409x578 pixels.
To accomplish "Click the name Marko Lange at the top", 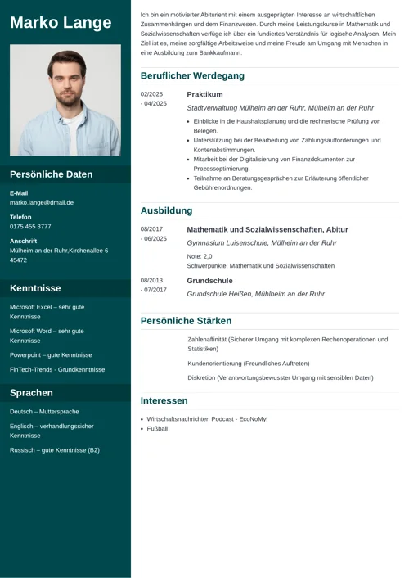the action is tap(61, 22).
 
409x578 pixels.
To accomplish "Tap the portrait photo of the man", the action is tap(65, 100).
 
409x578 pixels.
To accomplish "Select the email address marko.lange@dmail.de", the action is tap(42, 202).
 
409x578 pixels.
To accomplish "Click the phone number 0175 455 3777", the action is tap(30, 226).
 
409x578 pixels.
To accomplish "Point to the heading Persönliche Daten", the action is tap(52, 174).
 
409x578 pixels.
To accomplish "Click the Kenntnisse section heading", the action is tap(35, 288).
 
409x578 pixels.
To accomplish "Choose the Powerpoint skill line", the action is tap(51, 355).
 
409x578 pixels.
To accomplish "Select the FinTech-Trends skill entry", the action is tap(57, 369).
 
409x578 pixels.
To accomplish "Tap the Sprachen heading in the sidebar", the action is tap(32, 393).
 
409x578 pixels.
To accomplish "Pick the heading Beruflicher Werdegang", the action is tap(192, 76).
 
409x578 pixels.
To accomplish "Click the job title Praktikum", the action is tap(204, 94).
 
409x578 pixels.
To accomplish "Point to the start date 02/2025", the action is tap(152, 94).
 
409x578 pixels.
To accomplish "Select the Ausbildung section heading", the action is tap(166, 211).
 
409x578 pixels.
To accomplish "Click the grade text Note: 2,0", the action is tap(200, 256).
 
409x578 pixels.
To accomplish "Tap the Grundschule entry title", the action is tap(209, 281).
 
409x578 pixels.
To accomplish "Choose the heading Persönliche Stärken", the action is tap(186, 321).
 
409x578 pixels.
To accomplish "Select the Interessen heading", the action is tap(164, 401).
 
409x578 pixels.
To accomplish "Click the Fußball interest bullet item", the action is tap(157, 428).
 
